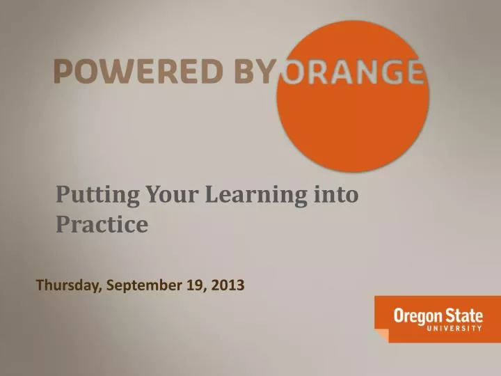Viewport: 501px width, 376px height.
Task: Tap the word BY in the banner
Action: click(x=252, y=71)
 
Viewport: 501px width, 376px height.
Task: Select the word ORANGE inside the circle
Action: click(x=351, y=71)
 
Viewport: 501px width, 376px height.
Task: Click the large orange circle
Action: click(x=353, y=118)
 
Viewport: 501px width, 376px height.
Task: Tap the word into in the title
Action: click(x=336, y=196)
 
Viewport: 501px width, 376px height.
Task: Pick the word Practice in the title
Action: click(x=102, y=225)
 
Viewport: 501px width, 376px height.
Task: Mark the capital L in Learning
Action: click(x=213, y=196)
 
